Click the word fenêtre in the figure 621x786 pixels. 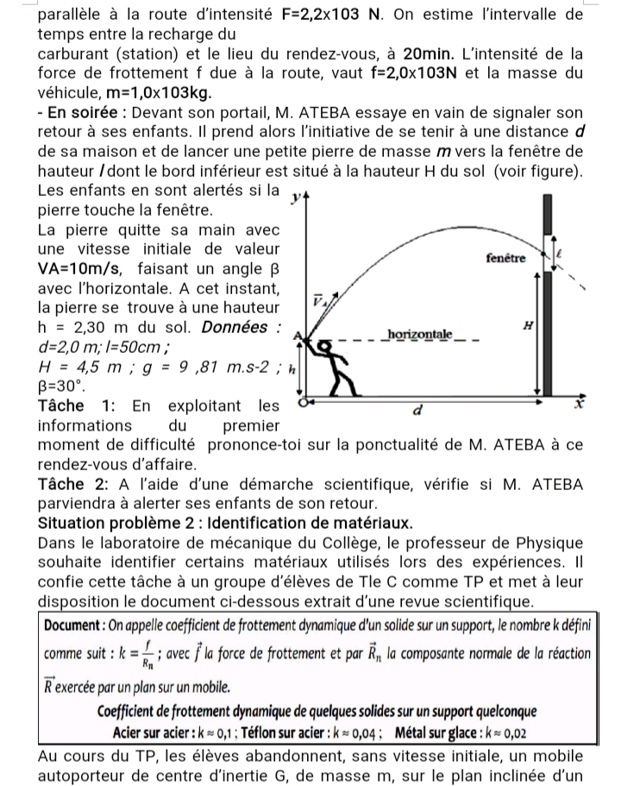coord(504,258)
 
